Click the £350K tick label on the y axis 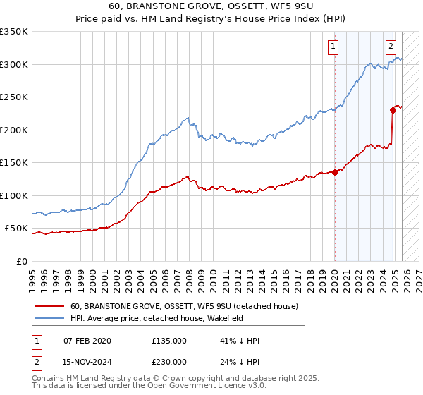tap(14, 32)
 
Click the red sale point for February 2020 tap(335, 173)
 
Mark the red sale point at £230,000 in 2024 tap(393, 110)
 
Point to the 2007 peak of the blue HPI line tap(187, 119)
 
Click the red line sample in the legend tap(50, 306)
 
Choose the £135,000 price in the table tap(168, 341)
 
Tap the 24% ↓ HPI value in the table tap(240, 361)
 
